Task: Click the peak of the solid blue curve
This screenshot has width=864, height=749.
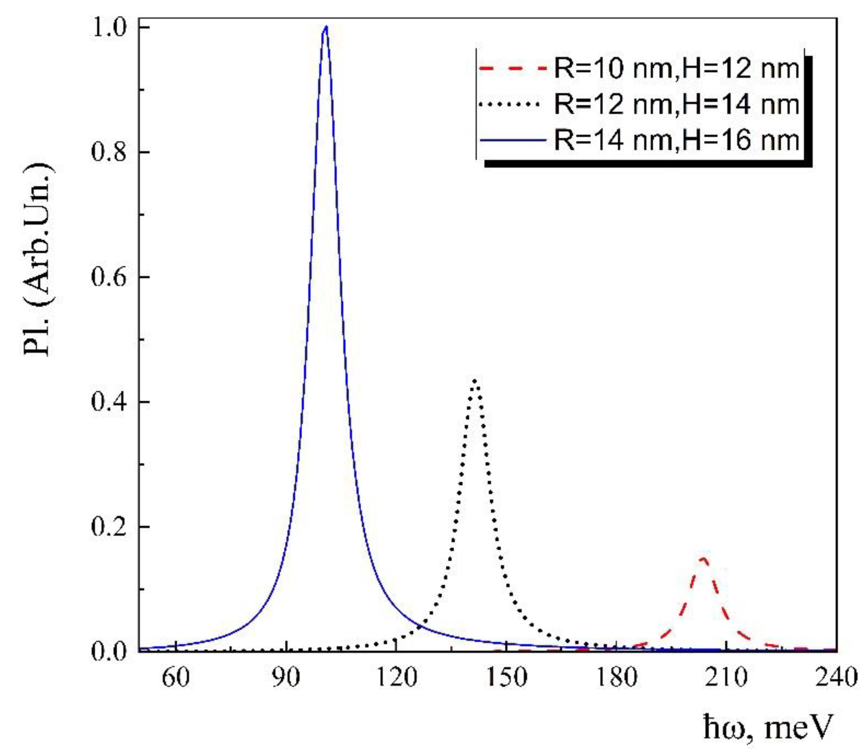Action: pos(325,27)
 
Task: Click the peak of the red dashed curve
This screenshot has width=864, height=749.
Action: pos(703,558)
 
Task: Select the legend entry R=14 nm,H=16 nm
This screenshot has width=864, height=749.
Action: pos(677,140)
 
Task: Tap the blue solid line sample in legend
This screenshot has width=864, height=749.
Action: pos(513,140)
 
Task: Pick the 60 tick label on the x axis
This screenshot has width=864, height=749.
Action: pos(176,678)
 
